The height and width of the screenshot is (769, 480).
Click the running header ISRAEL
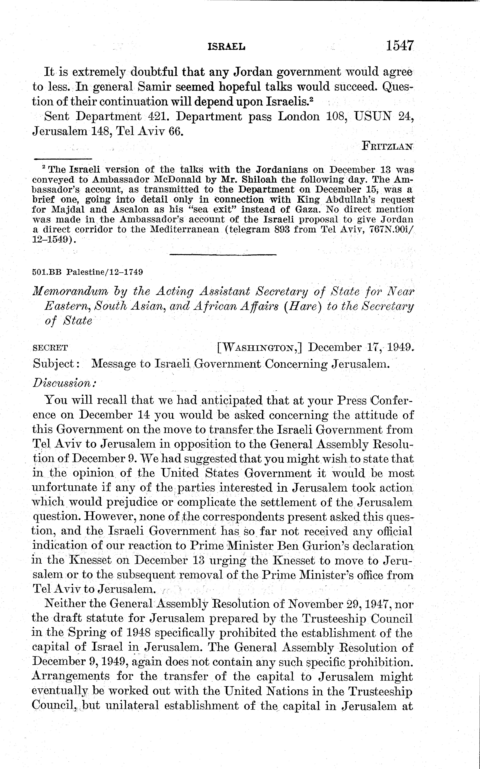coord(226,47)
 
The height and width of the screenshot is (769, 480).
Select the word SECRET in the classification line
coord(50,348)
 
